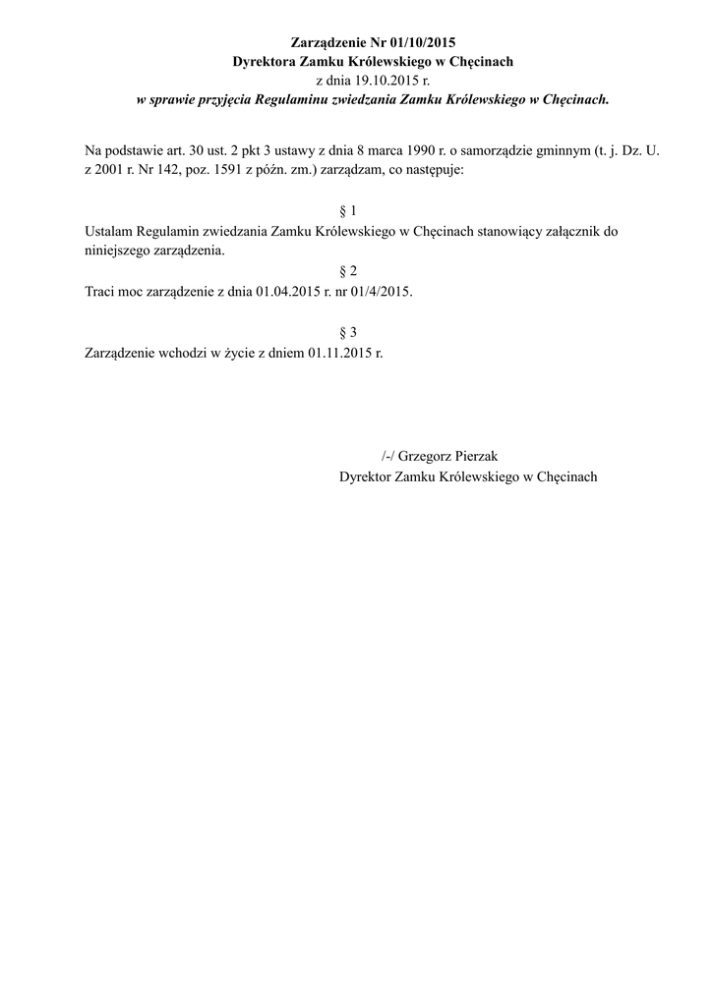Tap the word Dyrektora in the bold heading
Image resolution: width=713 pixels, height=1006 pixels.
264,62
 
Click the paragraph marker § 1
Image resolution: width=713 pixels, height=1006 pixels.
346,211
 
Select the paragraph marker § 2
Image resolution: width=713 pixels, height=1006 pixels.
346,271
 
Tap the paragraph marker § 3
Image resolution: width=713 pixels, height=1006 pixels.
346,332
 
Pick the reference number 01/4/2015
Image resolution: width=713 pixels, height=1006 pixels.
379,292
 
